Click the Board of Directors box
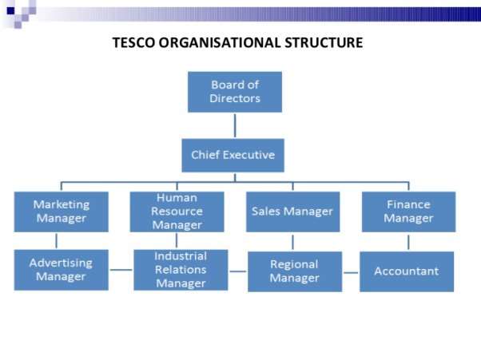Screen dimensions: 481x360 [x=235, y=92]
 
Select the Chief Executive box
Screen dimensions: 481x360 [x=233, y=156]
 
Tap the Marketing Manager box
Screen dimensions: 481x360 [x=62, y=212]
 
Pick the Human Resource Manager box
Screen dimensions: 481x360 [x=177, y=212]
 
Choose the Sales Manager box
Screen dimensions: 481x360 [x=293, y=212]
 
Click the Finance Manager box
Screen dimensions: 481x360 [x=408, y=212]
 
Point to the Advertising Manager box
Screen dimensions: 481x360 [x=62, y=270]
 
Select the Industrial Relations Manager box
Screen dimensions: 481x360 [x=181, y=270]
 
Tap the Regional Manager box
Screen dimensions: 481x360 [x=295, y=271]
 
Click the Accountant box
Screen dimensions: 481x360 [x=407, y=271]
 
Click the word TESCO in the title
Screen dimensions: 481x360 [x=133, y=42]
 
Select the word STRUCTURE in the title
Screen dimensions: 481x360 [x=324, y=42]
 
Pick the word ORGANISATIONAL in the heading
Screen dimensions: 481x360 [x=220, y=42]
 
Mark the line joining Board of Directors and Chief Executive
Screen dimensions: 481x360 [x=235, y=125]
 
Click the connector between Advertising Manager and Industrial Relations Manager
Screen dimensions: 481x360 [x=121, y=270]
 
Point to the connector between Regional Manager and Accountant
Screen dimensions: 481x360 [x=351, y=272]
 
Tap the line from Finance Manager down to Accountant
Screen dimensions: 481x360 [x=408, y=243]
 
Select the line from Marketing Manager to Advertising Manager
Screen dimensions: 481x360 [x=56, y=241]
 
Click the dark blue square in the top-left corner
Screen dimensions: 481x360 [x=10, y=11]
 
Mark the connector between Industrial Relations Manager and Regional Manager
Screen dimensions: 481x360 [x=238, y=271]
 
